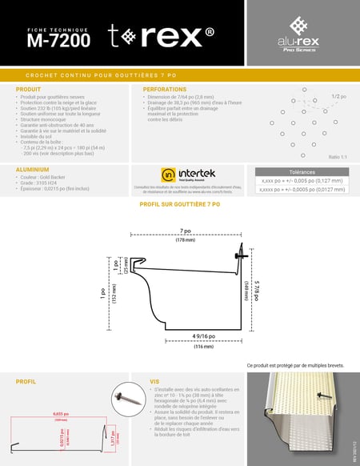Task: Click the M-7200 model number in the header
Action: pos(58,38)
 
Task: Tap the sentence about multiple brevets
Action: pos(296,365)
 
